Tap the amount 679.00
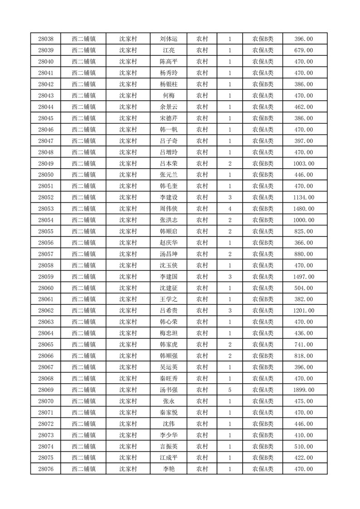304,50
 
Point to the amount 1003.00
304,163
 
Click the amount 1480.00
304,209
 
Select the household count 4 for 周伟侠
230,209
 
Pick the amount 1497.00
304,277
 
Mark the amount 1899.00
304,390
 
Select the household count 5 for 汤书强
230,390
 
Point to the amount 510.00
304,446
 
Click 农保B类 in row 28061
263,299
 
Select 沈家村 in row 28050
128,175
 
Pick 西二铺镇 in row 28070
84,401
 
